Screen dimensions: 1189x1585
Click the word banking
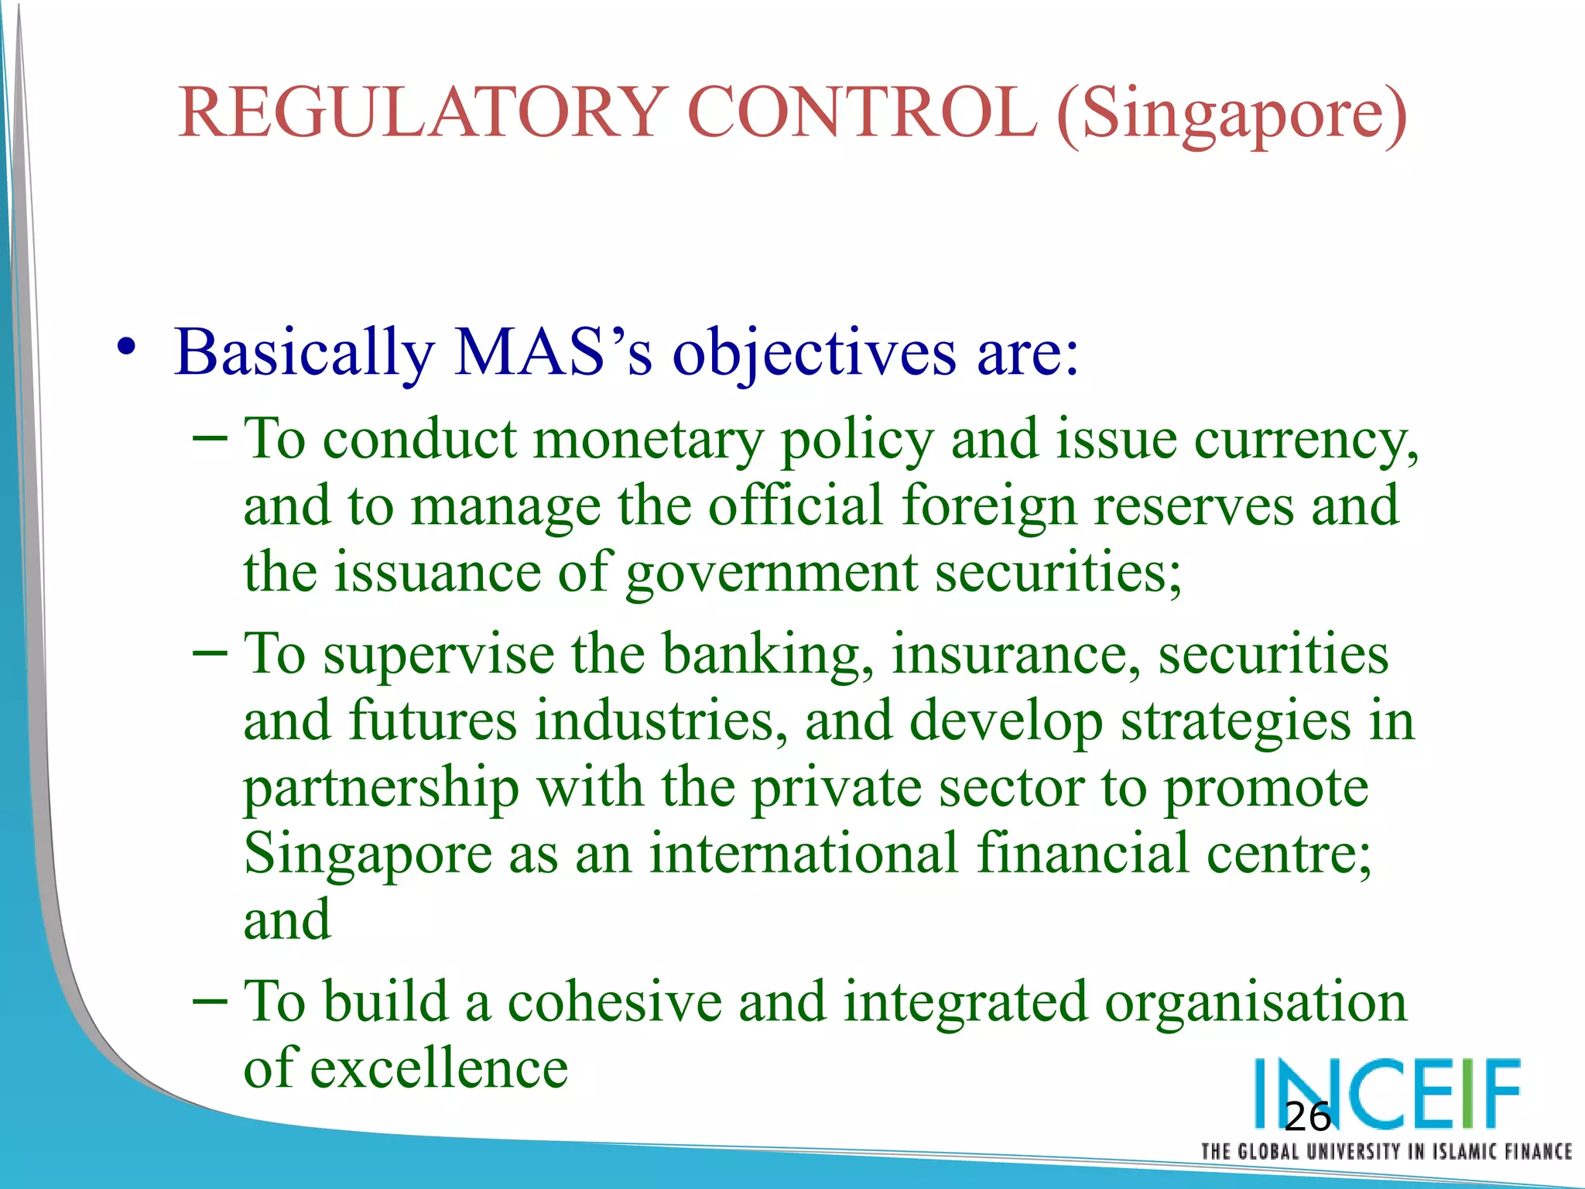(767, 655)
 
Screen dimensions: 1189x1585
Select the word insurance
(1015, 654)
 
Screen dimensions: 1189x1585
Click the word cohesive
(614, 1002)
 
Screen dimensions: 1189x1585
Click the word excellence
(439, 1069)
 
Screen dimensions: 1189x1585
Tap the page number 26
(1307, 1117)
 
